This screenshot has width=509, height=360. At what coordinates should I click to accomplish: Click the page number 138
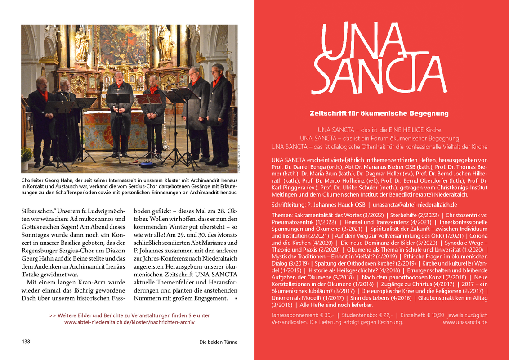(26, 342)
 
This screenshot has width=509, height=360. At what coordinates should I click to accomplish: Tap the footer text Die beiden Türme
(218, 342)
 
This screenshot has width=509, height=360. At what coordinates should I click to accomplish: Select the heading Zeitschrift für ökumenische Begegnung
(379, 114)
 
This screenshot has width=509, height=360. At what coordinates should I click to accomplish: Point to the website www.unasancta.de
(465, 322)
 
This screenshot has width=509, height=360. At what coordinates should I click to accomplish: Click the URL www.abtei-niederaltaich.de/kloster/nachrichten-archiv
(129, 322)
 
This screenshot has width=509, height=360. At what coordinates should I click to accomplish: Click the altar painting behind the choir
(124, 45)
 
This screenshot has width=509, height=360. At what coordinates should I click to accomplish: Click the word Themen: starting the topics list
(282, 216)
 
